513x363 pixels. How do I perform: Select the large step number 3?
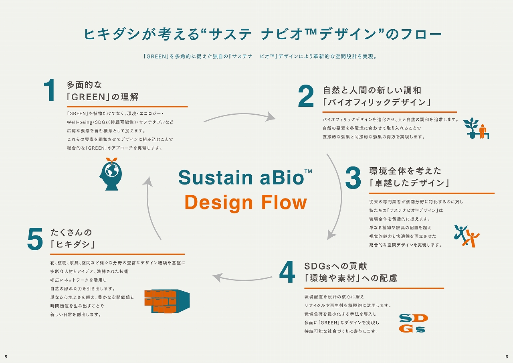tap(353, 178)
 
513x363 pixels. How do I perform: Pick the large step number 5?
tap(35, 239)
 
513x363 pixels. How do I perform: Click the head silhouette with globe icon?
tap(110, 174)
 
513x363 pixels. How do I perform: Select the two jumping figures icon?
tap(467, 235)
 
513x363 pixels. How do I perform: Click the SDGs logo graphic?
tap(413, 323)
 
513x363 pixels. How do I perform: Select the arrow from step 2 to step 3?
tap(336, 197)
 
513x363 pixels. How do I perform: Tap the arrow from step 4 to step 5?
tap(242, 277)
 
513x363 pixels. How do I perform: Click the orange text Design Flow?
tap(245, 202)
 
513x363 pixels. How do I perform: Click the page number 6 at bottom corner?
tap(507, 357)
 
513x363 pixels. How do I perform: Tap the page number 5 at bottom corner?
tap(6, 357)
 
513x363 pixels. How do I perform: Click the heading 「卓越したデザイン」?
tap(409, 183)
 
